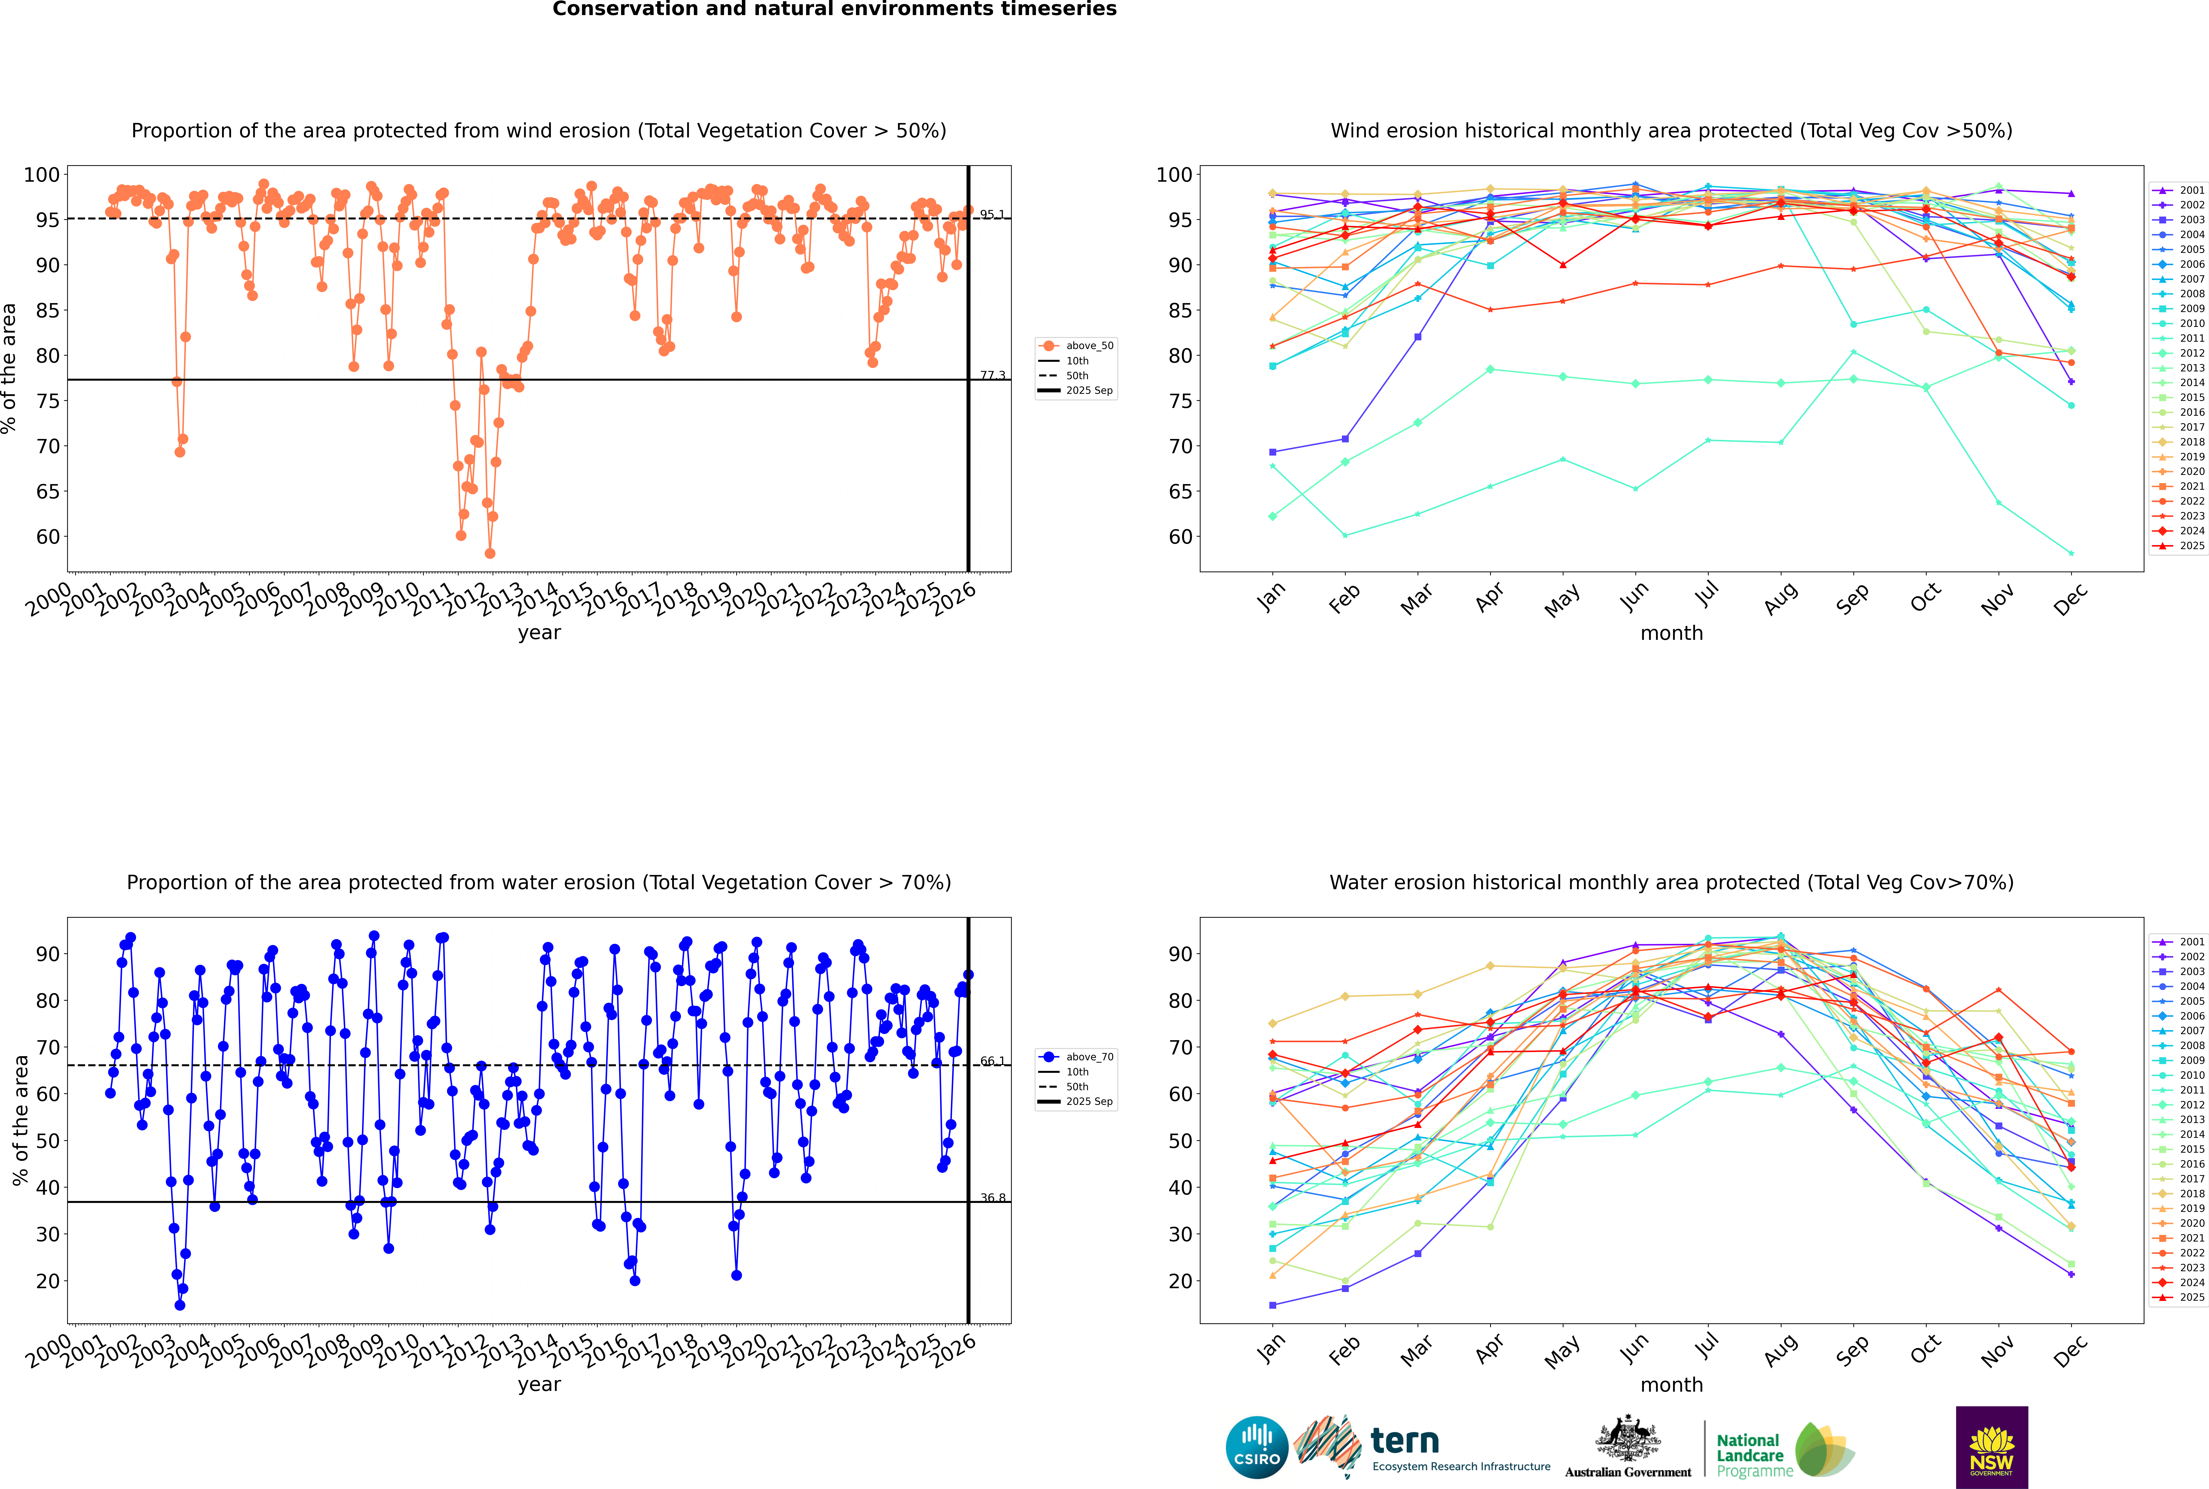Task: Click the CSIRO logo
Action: pos(1256,1447)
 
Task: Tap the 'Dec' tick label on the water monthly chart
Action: pos(2070,1350)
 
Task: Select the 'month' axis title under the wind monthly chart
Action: pos(1671,633)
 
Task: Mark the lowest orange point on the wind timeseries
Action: pos(490,554)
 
